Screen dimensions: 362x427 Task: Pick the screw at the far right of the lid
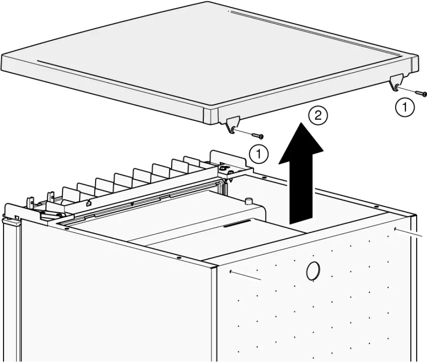(421, 93)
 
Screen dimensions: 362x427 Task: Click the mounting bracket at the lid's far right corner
(396, 83)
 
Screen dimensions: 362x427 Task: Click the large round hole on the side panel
(313, 270)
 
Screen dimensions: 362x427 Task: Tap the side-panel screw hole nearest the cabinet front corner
(230, 271)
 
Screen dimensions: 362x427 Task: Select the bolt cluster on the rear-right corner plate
(225, 169)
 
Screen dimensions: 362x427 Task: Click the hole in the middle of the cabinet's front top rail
(178, 258)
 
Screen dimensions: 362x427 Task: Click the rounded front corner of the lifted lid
(210, 115)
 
